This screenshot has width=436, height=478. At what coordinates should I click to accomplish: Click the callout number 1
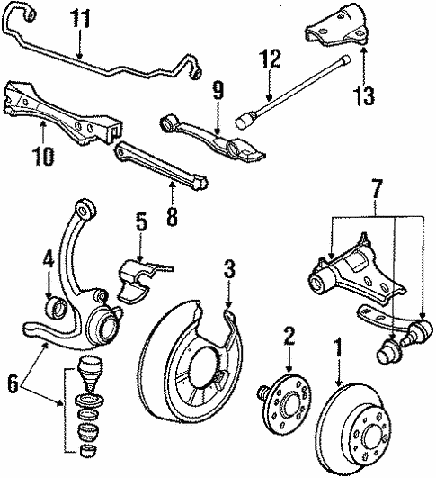click(x=338, y=345)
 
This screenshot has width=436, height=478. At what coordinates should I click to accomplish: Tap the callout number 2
click(x=289, y=336)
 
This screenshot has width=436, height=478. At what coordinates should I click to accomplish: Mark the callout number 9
click(x=217, y=90)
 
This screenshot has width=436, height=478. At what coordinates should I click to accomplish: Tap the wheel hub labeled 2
click(x=288, y=406)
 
